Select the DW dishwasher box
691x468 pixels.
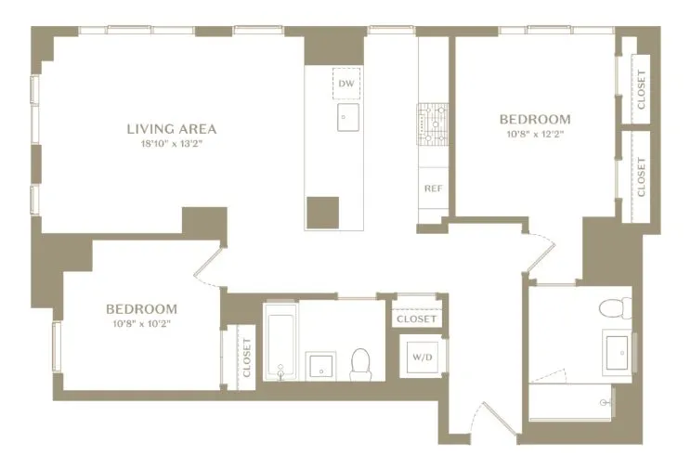(x=346, y=84)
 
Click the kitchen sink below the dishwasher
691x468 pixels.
(x=347, y=116)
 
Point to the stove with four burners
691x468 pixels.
(x=433, y=125)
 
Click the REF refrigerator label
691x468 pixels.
(x=433, y=188)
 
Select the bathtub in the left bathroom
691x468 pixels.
(x=279, y=342)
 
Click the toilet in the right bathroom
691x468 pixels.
(x=614, y=307)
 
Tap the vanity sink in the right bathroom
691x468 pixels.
(x=619, y=352)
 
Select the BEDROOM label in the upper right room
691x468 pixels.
(x=535, y=120)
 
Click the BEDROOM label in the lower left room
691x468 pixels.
(x=141, y=309)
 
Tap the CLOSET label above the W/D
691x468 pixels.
(x=416, y=318)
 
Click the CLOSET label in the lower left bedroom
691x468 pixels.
(x=247, y=356)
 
